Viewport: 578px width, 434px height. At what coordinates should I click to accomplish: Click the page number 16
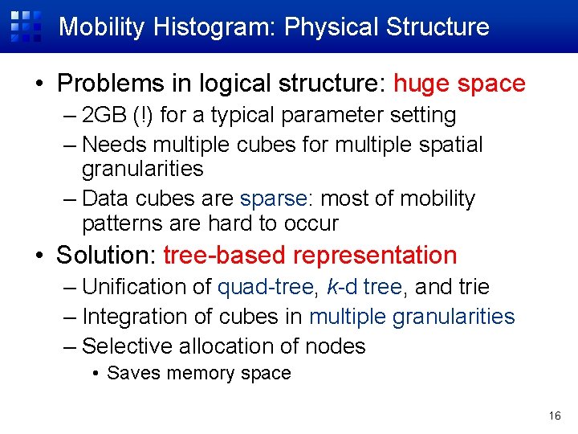point(555,416)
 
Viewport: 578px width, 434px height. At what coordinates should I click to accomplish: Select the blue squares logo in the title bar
point(26,26)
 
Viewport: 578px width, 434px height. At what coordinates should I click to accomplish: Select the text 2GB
point(99,116)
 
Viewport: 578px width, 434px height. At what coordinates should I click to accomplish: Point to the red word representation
point(375,256)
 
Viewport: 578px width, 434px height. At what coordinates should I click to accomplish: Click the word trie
point(474,287)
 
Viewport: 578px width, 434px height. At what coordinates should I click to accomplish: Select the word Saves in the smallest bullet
point(130,374)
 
